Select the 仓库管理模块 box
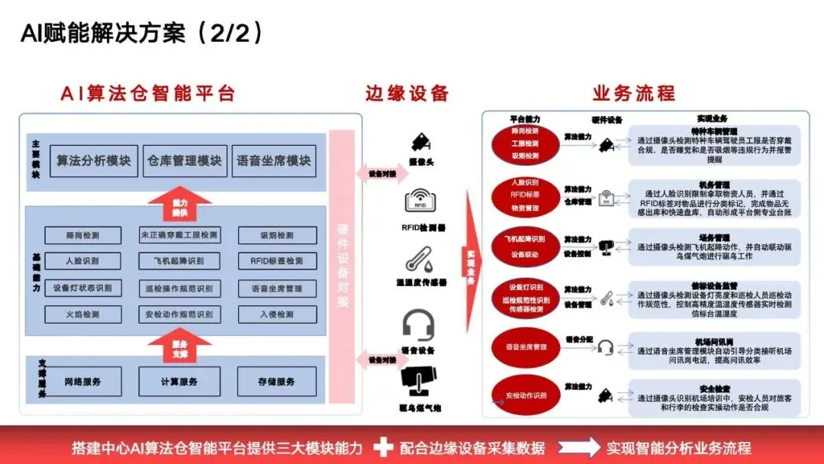point(185,161)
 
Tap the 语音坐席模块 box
point(274,161)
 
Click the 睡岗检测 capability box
point(82,235)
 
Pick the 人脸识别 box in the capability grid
point(82,261)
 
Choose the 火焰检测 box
point(82,314)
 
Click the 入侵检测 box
point(276,314)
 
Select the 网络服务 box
point(82,382)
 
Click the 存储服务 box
point(276,382)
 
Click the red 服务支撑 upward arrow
point(179,348)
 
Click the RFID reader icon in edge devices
point(420,203)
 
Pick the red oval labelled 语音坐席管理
point(526,346)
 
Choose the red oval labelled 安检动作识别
point(526,395)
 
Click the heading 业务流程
point(634,94)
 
